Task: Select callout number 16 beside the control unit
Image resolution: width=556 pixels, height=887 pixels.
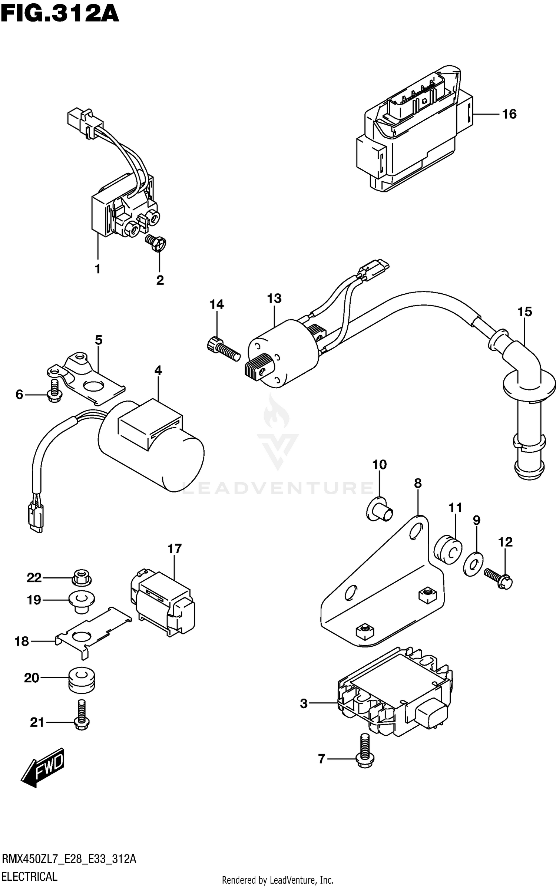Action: (x=509, y=114)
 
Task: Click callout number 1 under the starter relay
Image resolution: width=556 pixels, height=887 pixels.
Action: (x=97, y=269)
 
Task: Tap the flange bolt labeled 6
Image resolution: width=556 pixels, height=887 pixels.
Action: (x=54, y=392)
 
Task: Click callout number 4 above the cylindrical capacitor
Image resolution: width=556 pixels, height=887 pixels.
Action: (x=158, y=370)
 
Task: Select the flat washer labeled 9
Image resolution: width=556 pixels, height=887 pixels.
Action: (x=473, y=565)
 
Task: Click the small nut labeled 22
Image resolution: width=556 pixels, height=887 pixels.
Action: (x=81, y=578)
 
